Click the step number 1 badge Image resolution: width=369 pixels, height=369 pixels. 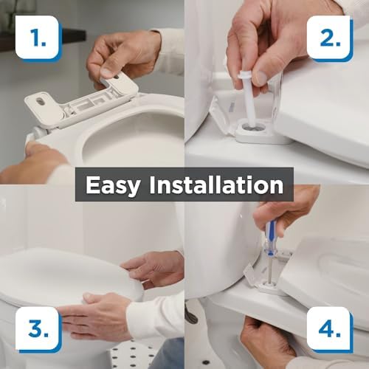(x=37, y=38)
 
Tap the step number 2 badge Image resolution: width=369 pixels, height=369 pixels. (x=330, y=38)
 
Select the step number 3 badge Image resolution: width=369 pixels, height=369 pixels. (x=37, y=330)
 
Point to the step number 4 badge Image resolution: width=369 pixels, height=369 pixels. (x=330, y=330)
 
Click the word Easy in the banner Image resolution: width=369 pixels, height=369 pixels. (x=117, y=184)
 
